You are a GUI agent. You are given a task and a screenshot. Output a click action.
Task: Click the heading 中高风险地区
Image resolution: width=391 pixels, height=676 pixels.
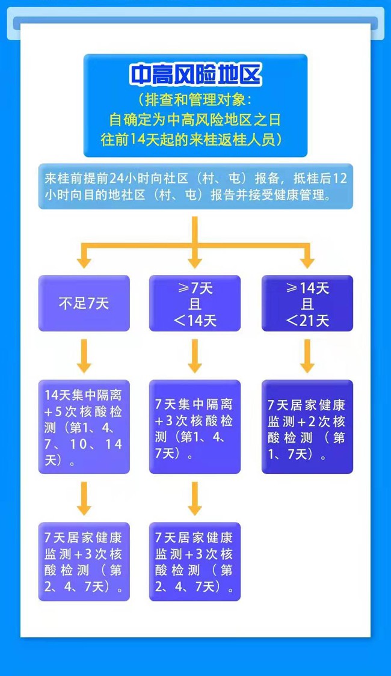195,75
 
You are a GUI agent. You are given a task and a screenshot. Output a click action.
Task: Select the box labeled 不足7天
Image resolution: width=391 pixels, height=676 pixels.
84,303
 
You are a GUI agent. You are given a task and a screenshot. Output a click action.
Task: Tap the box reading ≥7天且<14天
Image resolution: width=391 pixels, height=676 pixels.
194,303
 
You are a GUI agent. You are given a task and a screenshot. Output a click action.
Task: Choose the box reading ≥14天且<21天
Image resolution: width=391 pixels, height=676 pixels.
307,303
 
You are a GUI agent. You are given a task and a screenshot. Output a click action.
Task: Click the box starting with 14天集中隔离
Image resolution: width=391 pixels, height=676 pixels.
84,427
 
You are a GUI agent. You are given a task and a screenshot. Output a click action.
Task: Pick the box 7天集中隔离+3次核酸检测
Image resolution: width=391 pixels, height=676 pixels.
194,427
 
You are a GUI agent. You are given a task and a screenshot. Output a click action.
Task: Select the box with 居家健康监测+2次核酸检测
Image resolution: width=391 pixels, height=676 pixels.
307,427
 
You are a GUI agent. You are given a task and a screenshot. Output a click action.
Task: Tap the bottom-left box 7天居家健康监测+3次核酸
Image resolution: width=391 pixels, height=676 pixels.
84,561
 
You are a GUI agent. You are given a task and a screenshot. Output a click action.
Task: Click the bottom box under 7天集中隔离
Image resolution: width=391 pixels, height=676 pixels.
194,561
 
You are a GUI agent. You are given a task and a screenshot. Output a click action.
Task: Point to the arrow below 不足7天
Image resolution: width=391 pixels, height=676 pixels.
84,356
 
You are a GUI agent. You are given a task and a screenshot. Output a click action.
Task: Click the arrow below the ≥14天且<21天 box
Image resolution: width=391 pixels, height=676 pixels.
307,356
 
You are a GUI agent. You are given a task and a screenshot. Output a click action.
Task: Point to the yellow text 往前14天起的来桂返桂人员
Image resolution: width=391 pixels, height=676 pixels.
195,140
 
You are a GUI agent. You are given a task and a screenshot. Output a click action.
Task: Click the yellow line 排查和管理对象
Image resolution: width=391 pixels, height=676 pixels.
195,99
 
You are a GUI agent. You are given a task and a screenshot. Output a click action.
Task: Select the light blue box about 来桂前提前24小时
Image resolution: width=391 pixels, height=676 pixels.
195,186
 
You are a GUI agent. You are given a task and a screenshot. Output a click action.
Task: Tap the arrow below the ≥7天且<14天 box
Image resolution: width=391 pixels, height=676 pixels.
194,356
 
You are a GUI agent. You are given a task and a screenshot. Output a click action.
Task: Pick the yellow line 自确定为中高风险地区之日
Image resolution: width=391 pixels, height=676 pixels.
195,119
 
